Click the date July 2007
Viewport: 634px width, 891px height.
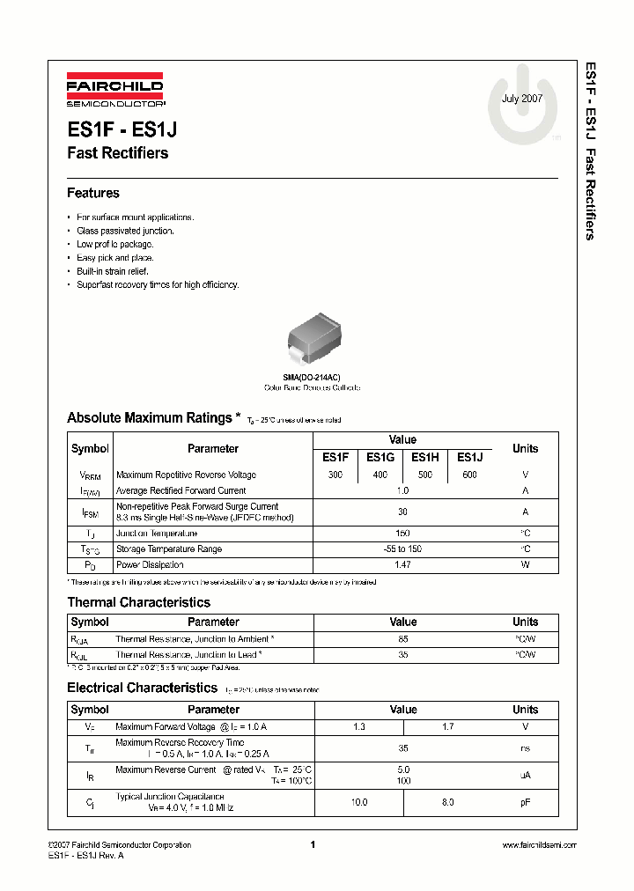coord(522,99)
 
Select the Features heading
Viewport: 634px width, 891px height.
coord(93,193)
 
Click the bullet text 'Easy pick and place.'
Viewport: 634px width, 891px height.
coord(114,258)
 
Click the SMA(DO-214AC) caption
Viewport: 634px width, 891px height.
coord(312,377)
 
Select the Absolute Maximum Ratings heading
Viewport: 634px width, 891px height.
coord(149,418)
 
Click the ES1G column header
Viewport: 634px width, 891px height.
coord(380,457)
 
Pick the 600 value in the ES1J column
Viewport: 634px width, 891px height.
coord(469,475)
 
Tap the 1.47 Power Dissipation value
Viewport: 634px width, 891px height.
coord(402,564)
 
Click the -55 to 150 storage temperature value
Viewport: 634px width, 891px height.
coord(402,549)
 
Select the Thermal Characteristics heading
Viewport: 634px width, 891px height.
coord(138,603)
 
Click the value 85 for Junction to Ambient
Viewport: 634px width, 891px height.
coord(403,639)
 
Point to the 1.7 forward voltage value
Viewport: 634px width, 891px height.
coord(447,727)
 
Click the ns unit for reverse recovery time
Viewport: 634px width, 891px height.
coord(525,748)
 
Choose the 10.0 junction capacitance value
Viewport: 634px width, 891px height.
coord(359,802)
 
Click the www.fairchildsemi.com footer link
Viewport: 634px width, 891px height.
coord(539,845)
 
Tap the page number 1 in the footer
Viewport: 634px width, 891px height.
coord(313,845)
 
